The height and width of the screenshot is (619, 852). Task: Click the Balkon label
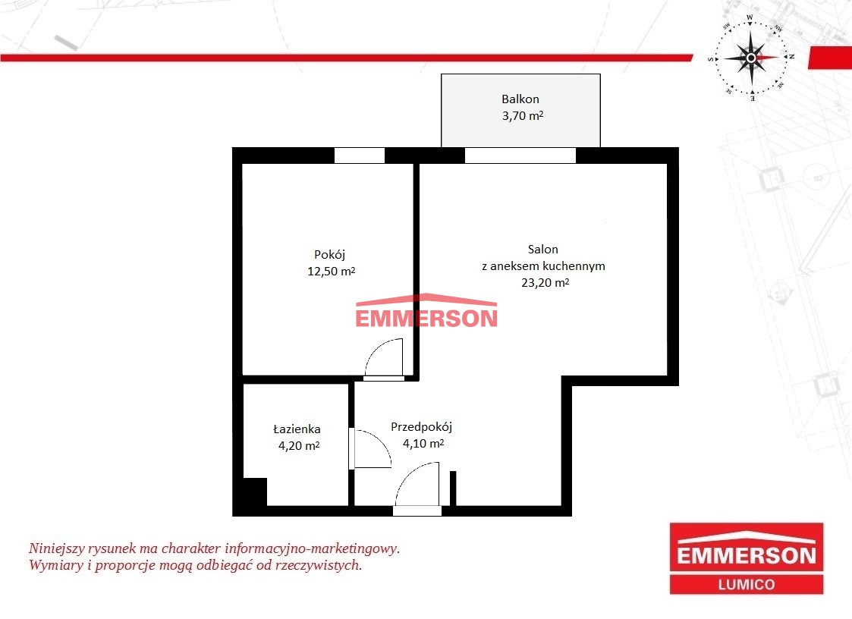(520, 99)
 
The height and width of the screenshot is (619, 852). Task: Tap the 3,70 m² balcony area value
(523, 115)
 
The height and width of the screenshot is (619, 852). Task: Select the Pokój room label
(329, 255)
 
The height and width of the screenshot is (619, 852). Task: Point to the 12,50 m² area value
(331, 271)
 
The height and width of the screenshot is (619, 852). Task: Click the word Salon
(542, 249)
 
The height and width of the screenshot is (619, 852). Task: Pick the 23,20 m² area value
(545, 283)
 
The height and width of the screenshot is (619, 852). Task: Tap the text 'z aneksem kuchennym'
(543, 266)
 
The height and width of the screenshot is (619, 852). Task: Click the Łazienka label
(297, 429)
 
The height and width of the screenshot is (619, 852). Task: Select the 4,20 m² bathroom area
(299, 445)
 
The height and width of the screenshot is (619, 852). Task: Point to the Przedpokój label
(421, 427)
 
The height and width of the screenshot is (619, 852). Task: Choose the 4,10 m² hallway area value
(423, 444)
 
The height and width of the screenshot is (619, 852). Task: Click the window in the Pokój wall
(359, 156)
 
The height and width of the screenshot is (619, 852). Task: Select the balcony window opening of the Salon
(520, 156)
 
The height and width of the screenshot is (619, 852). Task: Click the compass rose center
(751, 58)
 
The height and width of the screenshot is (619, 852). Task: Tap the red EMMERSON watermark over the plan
(426, 312)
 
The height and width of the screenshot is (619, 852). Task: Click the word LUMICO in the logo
(747, 585)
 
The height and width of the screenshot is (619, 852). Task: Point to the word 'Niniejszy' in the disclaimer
(56, 548)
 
